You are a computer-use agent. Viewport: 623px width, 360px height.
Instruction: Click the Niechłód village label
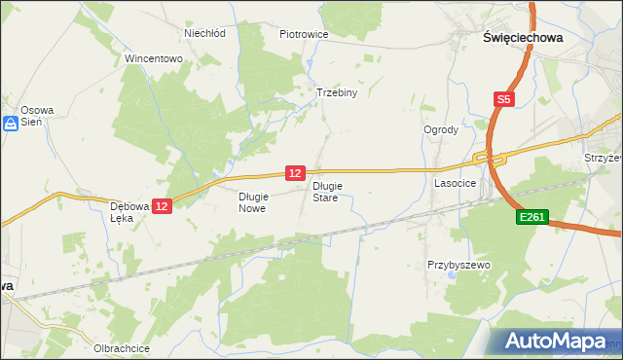205,33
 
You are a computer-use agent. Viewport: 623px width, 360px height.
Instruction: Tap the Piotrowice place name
304,34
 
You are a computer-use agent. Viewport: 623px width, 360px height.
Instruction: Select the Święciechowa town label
523,37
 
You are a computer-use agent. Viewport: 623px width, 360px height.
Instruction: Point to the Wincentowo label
154,58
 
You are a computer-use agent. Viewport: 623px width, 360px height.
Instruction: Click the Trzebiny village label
338,93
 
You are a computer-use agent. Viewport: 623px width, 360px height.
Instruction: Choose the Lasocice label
454,182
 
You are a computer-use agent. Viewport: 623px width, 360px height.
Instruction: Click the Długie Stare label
325,191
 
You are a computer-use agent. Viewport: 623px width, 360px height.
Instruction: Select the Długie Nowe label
252,201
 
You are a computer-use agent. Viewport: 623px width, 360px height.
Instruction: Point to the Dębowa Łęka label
128,211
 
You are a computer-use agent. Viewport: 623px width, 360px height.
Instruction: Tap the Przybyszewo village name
458,265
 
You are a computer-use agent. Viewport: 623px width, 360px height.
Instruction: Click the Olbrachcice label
120,347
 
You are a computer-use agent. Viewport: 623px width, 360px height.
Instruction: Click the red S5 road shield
502,99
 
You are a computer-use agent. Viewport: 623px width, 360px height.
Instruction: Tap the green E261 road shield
533,221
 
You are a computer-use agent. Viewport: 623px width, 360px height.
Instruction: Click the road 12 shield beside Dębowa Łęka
162,205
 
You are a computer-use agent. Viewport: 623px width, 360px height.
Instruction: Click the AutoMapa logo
555,341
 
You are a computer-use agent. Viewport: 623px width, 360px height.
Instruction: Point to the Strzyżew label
603,157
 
